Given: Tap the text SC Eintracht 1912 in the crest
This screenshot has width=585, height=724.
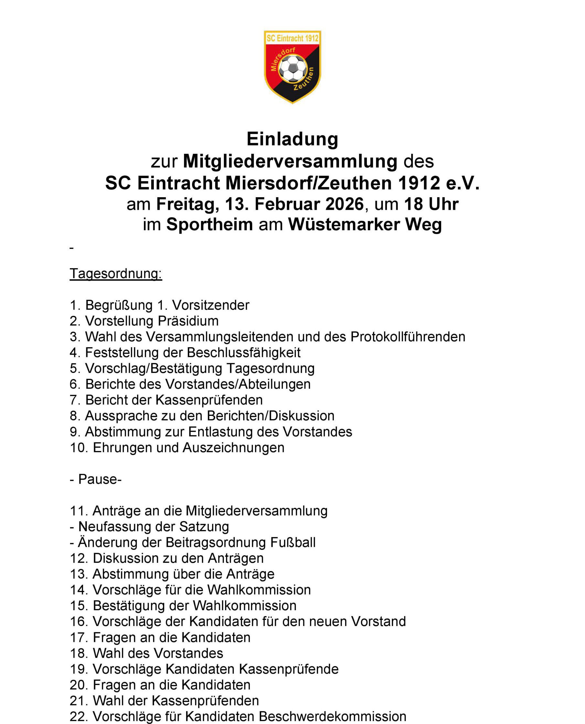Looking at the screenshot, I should coord(292,38).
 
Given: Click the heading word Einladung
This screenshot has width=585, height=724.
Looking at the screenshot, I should coord(292,139).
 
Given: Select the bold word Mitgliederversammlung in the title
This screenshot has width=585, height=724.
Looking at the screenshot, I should coord(290,161).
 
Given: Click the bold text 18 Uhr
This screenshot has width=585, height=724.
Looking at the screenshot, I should coord(431,204).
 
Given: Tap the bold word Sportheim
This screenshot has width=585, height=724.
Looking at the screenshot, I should coord(209,225).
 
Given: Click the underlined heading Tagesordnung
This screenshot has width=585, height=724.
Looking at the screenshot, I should coord(116,273).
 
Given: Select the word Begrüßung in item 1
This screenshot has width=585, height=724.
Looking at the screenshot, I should coord(119,305).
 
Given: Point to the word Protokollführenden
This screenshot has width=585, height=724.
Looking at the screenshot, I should coord(408,337).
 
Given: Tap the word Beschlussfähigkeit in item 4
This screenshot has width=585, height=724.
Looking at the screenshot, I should coord(243,353).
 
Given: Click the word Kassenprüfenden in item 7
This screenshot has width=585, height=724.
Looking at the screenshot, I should coord(209,400).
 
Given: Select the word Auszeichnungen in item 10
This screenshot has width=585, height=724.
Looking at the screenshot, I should coord(234,448).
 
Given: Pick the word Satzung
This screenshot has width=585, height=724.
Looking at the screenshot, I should coord(204,527).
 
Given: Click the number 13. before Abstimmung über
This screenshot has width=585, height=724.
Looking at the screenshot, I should coord(79,574).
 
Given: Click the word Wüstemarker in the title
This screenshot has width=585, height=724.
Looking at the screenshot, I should coord(344,225).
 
